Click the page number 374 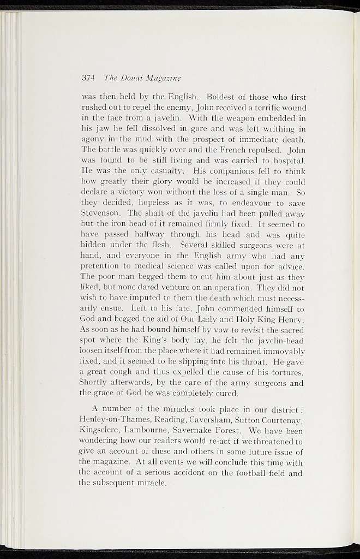88,77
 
